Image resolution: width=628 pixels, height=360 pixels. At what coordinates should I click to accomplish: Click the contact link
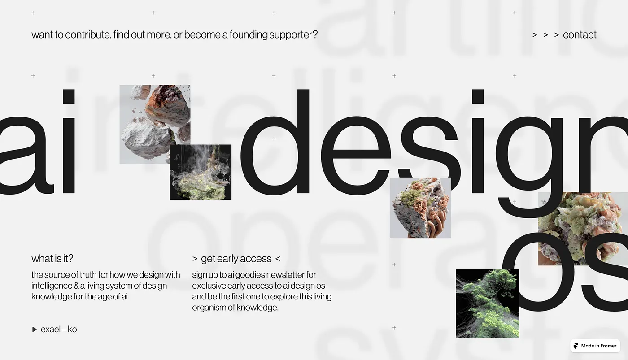pos(579,35)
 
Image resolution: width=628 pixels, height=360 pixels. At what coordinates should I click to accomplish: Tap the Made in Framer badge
pos(595,346)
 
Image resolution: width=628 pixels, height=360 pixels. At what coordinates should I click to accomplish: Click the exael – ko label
pos(59,329)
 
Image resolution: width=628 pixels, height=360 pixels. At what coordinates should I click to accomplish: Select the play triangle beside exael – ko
pos(35,330)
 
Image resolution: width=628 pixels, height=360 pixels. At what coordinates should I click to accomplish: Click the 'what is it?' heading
pos(52,259)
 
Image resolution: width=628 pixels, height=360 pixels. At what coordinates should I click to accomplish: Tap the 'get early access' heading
pos(236,259)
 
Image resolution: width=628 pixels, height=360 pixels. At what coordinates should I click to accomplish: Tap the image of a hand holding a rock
pos(420,208)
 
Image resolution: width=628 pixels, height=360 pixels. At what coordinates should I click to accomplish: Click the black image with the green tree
pos(487,304)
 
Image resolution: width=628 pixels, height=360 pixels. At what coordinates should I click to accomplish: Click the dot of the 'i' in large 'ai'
pos(68,96)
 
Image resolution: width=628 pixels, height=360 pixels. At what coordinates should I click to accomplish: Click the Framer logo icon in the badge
pos(576,346)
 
